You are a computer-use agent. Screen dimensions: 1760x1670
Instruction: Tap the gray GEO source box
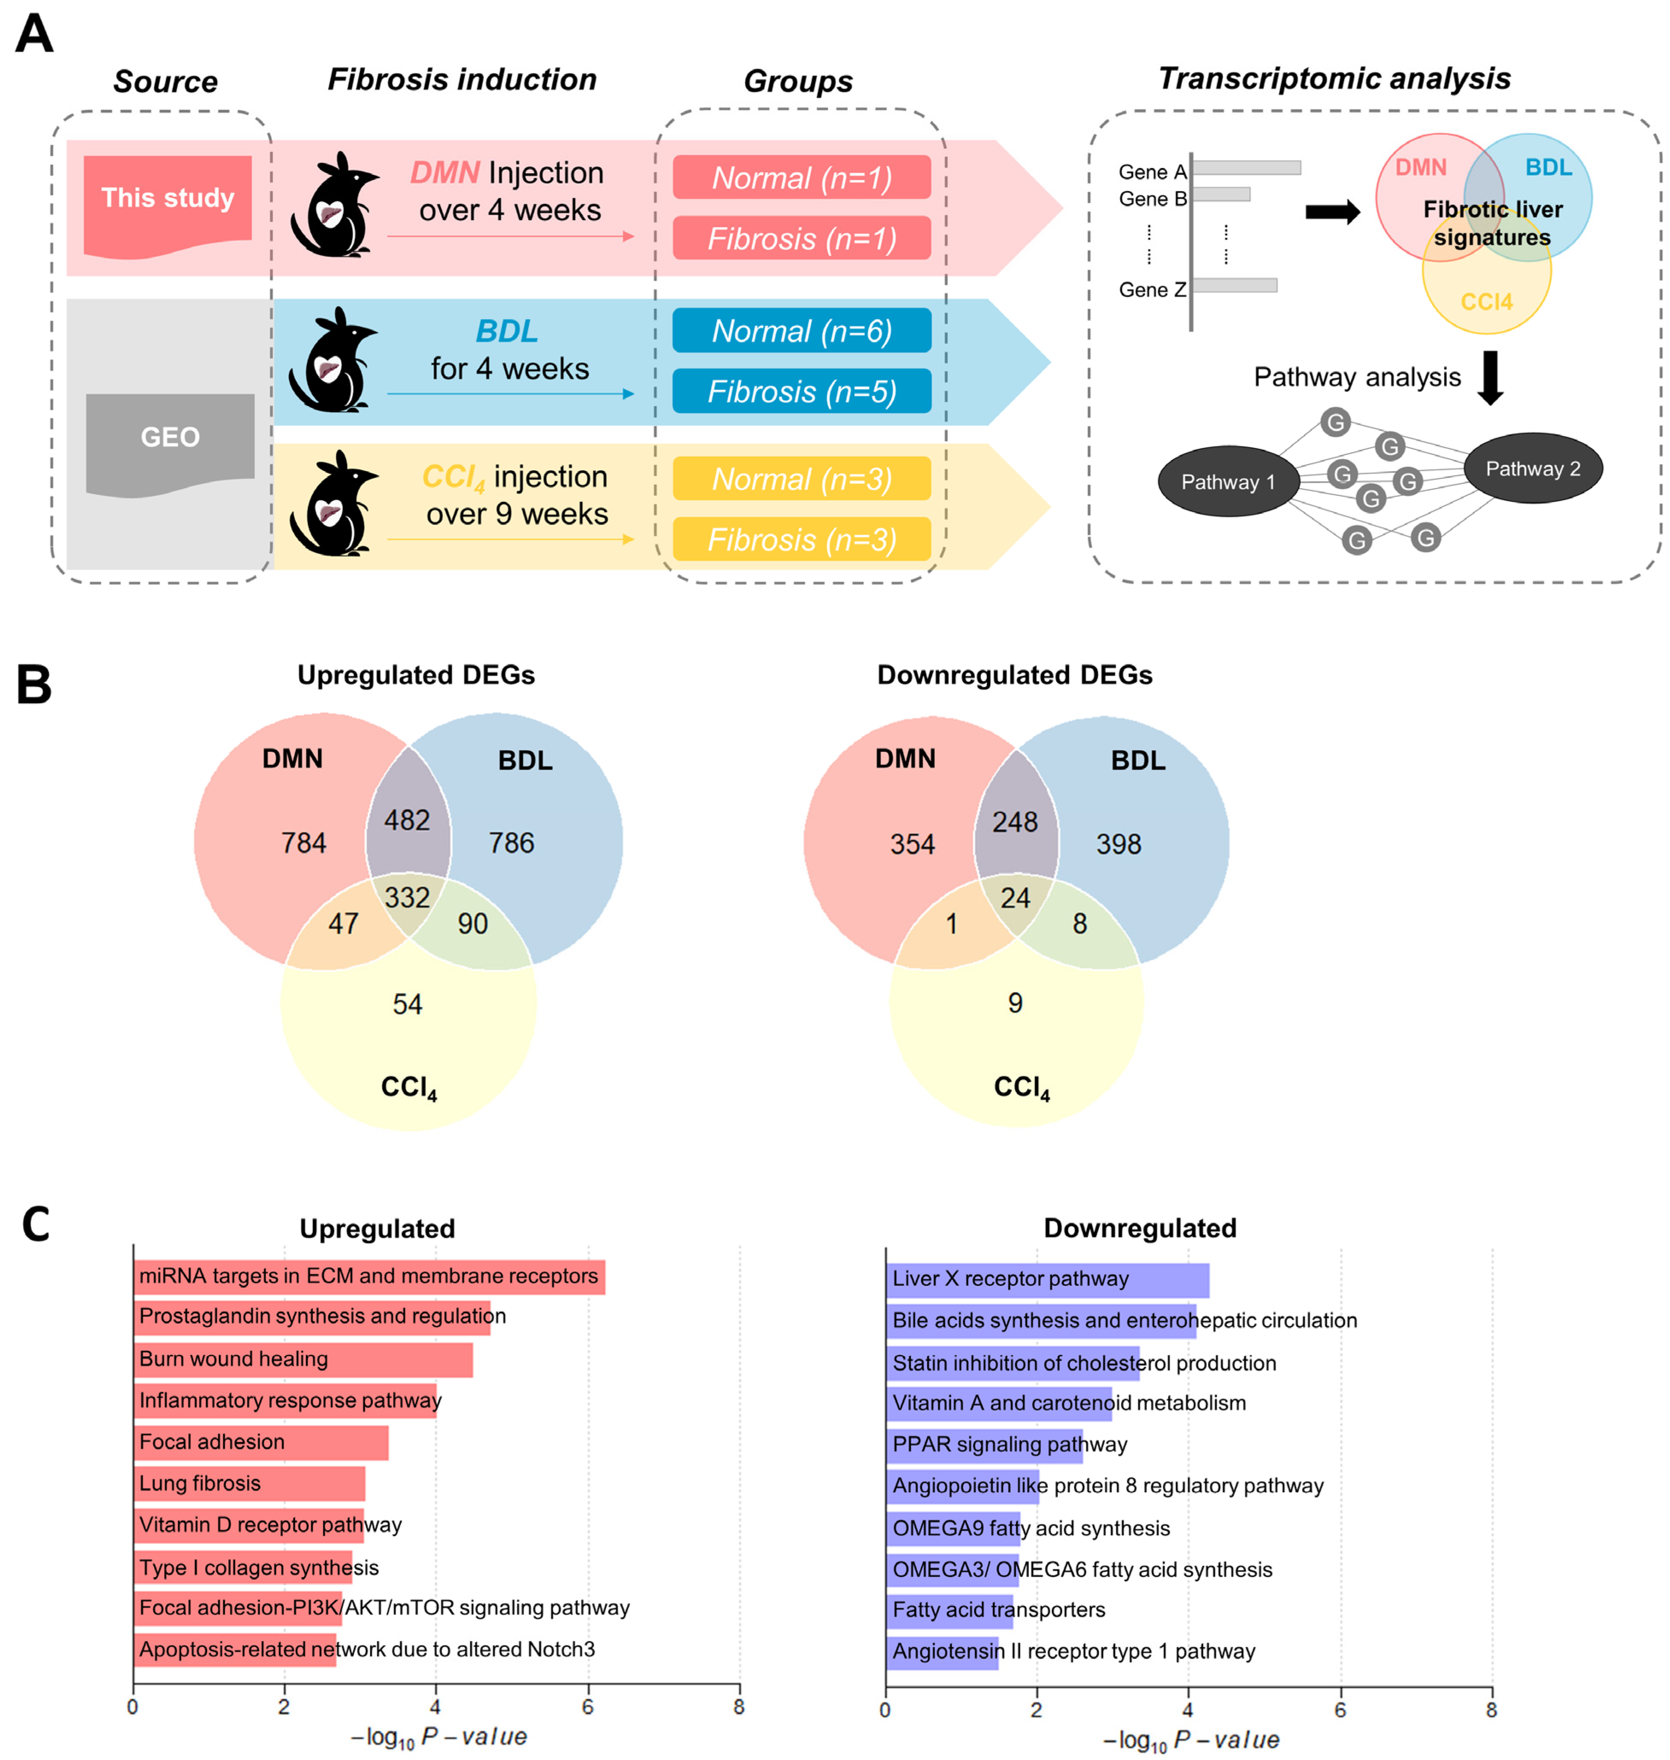click(170, 438)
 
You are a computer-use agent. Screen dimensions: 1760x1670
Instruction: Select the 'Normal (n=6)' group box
click(801, 331)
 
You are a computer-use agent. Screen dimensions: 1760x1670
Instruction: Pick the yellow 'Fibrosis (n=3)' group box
click(801, 539)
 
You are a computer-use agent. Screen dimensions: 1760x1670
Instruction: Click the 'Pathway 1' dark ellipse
click(1228, 482)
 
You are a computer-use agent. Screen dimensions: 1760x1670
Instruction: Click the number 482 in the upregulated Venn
click(407, 820)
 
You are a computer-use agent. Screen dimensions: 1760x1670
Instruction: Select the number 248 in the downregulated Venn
click(1015, 822)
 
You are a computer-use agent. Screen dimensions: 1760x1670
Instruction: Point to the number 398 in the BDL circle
click(1118, 844)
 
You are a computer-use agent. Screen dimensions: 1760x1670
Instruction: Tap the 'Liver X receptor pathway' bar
click(1047, 1279)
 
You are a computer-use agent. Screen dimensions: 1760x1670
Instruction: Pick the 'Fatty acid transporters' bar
click(949, 1610)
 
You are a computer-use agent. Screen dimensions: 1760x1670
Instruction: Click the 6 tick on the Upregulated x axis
click(588, 1707)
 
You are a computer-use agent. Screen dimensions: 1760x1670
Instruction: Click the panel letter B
click(34, 685)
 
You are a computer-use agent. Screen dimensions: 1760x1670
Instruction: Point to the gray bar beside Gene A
click(1246, 168)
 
